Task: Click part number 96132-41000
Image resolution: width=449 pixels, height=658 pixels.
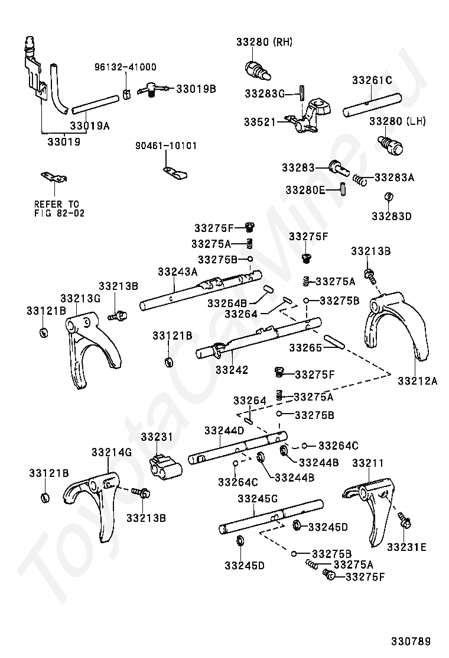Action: pos(125,67)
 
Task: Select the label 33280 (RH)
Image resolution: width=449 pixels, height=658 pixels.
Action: pos(265,42)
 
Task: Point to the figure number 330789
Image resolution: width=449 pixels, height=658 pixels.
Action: pos(409,641)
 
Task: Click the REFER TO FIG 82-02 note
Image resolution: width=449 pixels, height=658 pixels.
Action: pos(59,208)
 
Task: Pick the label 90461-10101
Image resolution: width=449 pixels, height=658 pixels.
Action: pos(166,146)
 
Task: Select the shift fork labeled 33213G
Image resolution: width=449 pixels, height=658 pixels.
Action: pos(92,349)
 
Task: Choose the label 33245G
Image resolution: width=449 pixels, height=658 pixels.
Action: pos(257,499)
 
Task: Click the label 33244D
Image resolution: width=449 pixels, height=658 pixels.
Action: pos(224,430)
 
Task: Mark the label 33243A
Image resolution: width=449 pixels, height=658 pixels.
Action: pos(177,272)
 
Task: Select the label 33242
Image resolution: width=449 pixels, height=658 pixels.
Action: pos(232,370)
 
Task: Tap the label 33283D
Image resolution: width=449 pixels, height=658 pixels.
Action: pos(391,216)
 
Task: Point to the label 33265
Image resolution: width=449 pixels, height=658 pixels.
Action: pos(305,348)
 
